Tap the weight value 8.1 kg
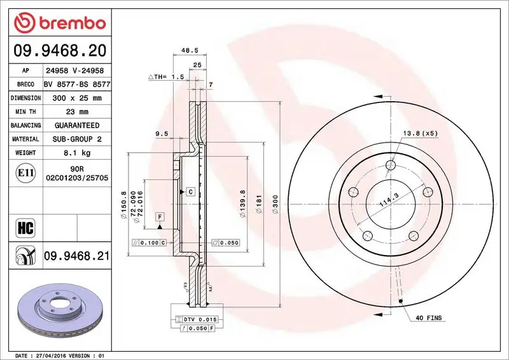[76, 153]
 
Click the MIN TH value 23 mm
[76, 112]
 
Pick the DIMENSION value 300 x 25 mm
[76, 98]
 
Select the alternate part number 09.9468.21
[76, 256]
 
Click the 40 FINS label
[429, 317]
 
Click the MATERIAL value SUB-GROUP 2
[76, 139]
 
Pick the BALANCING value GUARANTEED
[76, 125]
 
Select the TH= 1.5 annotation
[166, 76]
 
